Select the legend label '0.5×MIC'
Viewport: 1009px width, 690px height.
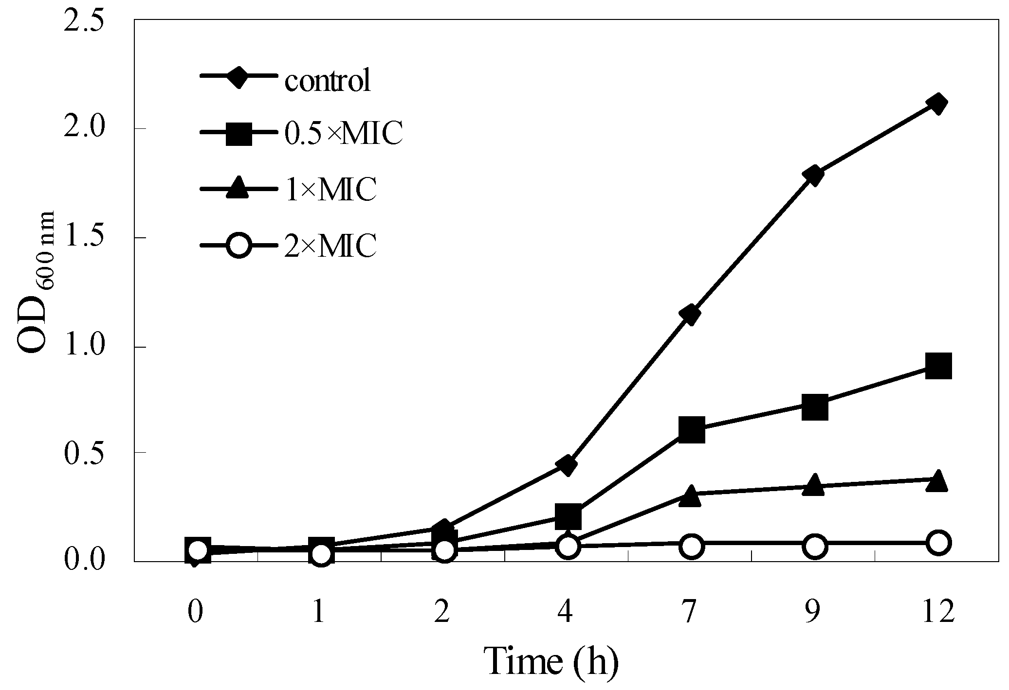coord(344,135)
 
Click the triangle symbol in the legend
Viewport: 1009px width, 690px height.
coord(239,188)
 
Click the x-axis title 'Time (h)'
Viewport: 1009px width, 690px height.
coord(552,661)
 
